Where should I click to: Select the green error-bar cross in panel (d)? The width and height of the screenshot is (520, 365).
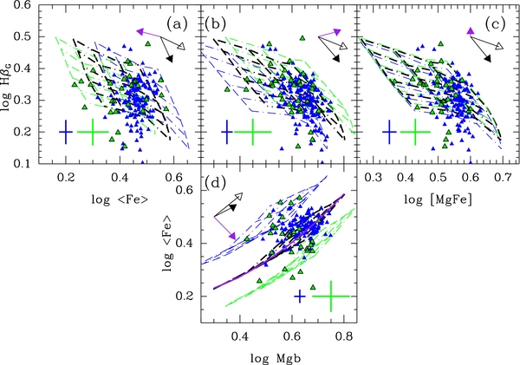click(x=330, y=297)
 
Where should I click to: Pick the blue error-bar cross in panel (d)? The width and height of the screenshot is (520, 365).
click(x=300, y=297)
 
